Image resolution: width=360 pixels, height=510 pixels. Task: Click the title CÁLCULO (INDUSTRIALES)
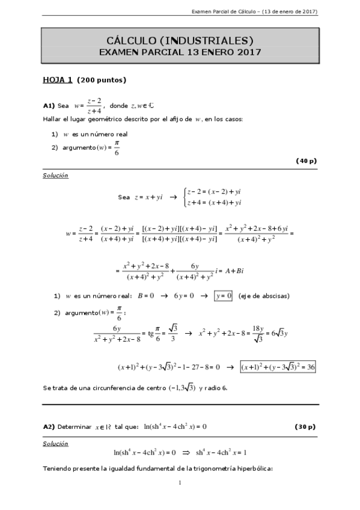[180, 40]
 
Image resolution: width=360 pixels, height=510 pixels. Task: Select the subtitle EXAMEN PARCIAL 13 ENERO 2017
[180, 52]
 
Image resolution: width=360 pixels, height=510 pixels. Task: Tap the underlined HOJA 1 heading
[58, 79]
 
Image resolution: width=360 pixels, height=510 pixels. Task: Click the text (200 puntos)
[102, 80]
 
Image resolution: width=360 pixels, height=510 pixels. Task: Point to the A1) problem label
[49, 106]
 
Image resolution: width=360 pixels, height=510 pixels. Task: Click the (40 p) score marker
[306, 161]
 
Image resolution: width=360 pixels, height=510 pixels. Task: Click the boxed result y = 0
[223, 295]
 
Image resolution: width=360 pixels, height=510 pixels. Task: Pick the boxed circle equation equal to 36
[278, 366]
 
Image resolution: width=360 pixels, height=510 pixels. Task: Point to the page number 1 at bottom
[180, 483]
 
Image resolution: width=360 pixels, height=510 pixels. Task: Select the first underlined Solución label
[55, 176]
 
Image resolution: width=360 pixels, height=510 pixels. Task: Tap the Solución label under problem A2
[55, 443]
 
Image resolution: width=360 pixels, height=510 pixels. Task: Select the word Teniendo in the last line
[57, 468]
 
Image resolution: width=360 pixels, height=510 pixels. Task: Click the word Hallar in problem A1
[52, 119]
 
